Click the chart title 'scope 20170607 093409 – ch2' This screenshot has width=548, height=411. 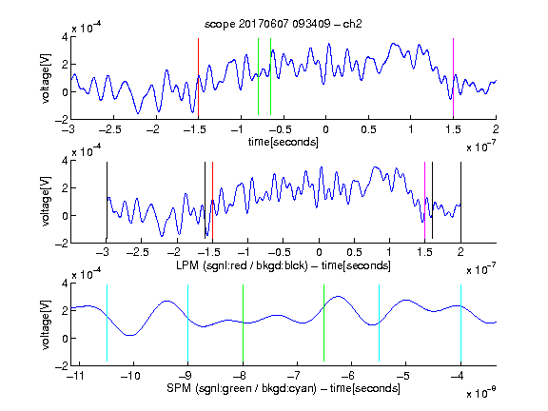(x=284, y=24)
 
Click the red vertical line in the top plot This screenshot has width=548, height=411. (x=198, y=77)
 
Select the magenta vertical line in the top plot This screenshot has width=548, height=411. (x=453, y=77)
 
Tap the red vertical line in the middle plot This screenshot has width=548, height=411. (x=212, y=200)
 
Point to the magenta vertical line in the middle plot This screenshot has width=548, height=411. (x=424, y=200)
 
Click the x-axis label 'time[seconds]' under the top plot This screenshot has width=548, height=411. (x=284, y=142)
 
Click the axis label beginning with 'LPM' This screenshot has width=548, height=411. (x=284, y=265)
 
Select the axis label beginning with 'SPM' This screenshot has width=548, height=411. (x=284, y=388)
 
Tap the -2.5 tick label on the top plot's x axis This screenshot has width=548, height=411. (x=110, y=129)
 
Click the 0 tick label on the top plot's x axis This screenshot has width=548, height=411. (x=325, y=129)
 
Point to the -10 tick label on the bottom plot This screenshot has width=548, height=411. (x=130, y=376)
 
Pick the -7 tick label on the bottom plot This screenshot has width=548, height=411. (x=294, y=376)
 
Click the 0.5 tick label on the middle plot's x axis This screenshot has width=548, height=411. (x=354, y=252)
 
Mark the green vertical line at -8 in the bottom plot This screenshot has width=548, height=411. (x=243, y=323)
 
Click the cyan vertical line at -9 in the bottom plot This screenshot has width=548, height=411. (x=188, y=323)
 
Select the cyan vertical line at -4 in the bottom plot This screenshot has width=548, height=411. (x=461, y=323)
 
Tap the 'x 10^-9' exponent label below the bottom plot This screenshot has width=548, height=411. (x=481, y=393)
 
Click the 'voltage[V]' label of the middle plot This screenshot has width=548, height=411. (x=46, y=202)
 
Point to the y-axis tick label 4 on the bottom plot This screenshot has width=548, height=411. (x=65, y=284)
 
